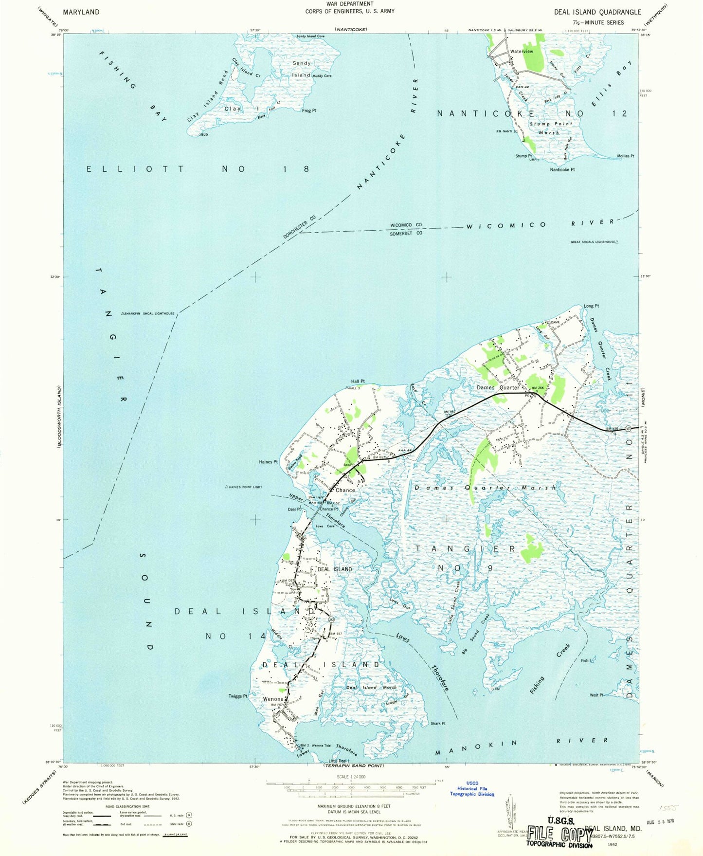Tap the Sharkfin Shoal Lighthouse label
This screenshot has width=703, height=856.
pyautogui.click(x=149, y=313)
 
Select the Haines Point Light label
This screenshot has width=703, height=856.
pyautogui.click(x=245, y=487)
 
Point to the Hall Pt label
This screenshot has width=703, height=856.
pyautogui.click(x=358, y=381)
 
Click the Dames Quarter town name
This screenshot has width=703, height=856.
pyautogui.click(x=498, y=387)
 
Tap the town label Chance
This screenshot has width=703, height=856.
pyautogui.click(x=345, y=490)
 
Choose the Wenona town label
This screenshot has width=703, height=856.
pyautogui.click(x=273, y=699)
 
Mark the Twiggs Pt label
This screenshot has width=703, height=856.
pyautogui.click(x=238, y=696)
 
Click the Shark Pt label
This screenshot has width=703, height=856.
pyautogui.click(x=438, y=723)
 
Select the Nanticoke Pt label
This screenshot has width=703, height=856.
pyautogui.click(x=562, y=169)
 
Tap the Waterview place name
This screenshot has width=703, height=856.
pyautogui.click(x=521, y=51)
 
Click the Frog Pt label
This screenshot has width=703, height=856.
pyautogui.click(x=309, y=110)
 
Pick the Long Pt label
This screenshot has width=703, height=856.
pyautogui.click(x=591, y=306)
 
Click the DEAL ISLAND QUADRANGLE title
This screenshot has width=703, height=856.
pyautogui.click(x=597, y=12)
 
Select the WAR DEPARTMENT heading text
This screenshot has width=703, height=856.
pyautogui.click(x=350, y=4)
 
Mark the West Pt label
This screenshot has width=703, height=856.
pyautogui.click(x=596, y=695)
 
